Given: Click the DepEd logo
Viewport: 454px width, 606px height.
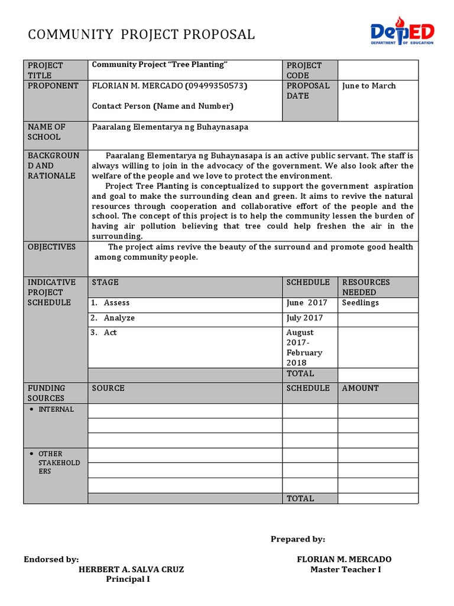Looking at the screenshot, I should (x=401, y=34).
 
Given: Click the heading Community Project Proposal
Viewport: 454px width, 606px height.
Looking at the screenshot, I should (x=142, y=35).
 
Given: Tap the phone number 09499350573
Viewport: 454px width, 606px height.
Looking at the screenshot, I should (x=216, y=86).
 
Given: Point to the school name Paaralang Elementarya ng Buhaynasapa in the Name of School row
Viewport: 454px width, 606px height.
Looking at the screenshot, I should (x=170, y=127).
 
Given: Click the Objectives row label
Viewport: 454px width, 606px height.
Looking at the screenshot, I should (x=52, y=247).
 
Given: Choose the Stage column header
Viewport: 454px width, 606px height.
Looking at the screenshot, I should (x=105, y=282).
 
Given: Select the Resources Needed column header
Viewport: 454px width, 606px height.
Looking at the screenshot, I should (x=366, y=287).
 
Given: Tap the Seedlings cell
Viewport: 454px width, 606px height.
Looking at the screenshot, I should (x=361, y=302).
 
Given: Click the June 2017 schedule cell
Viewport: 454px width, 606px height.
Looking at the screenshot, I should (x=307, y=302).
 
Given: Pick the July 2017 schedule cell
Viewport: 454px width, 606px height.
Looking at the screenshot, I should (x=305, y=318).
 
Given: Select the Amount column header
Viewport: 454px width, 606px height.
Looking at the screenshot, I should (x=360, y=388).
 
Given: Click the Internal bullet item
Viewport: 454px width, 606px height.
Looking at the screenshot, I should (x=56, y=409).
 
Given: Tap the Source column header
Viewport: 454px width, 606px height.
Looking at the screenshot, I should (x=108, y=388).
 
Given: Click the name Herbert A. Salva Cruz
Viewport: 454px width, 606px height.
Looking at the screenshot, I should (x=131, y=569).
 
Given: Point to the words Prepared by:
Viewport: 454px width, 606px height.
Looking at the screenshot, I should (x=298, y=539).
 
